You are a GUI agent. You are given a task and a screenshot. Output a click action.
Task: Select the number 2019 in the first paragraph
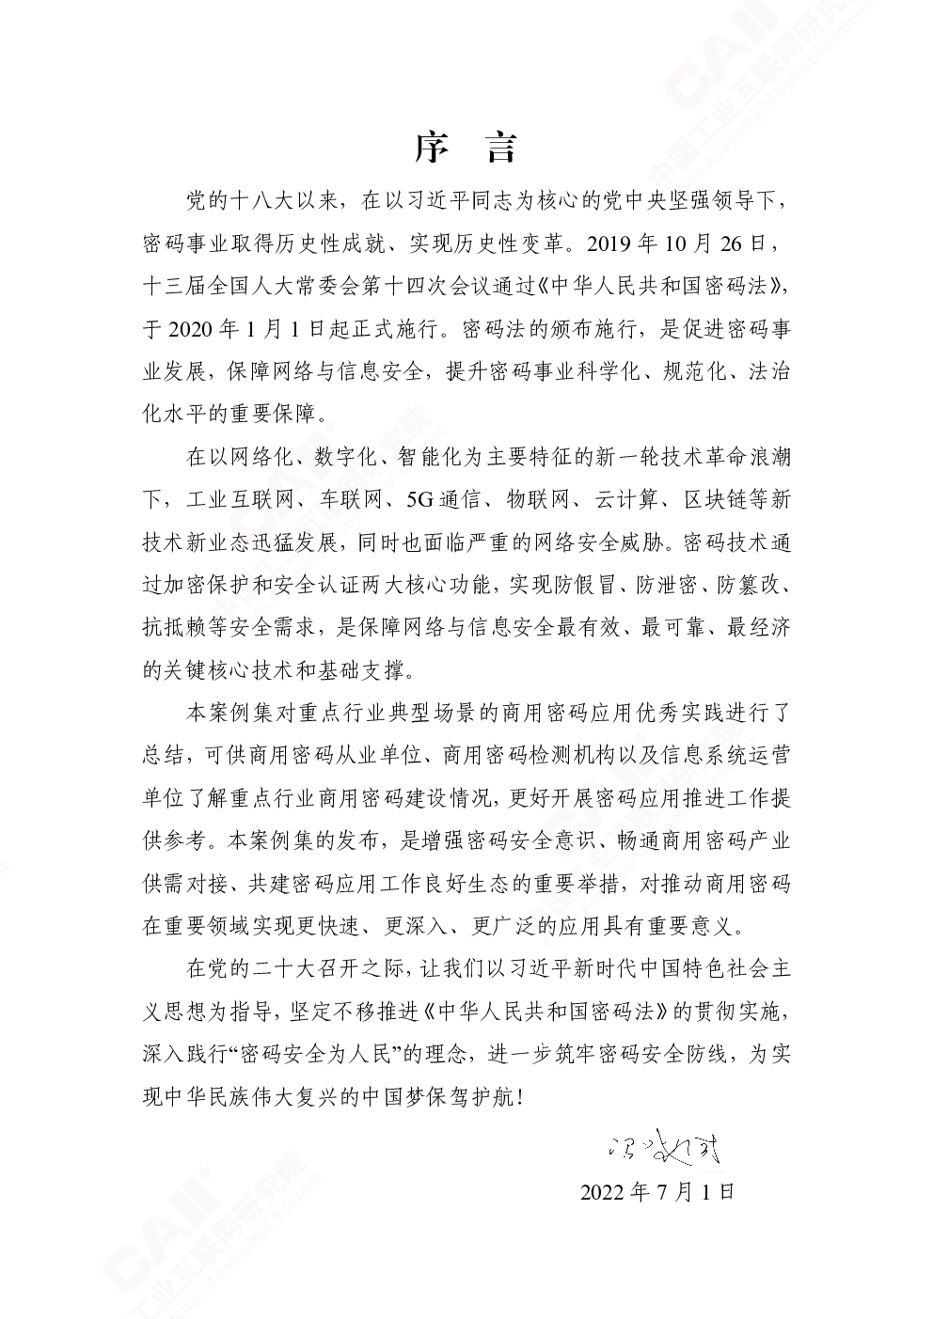(x=609, y=244)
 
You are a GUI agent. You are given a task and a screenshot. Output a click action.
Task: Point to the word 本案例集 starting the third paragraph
(x=229, y=713)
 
